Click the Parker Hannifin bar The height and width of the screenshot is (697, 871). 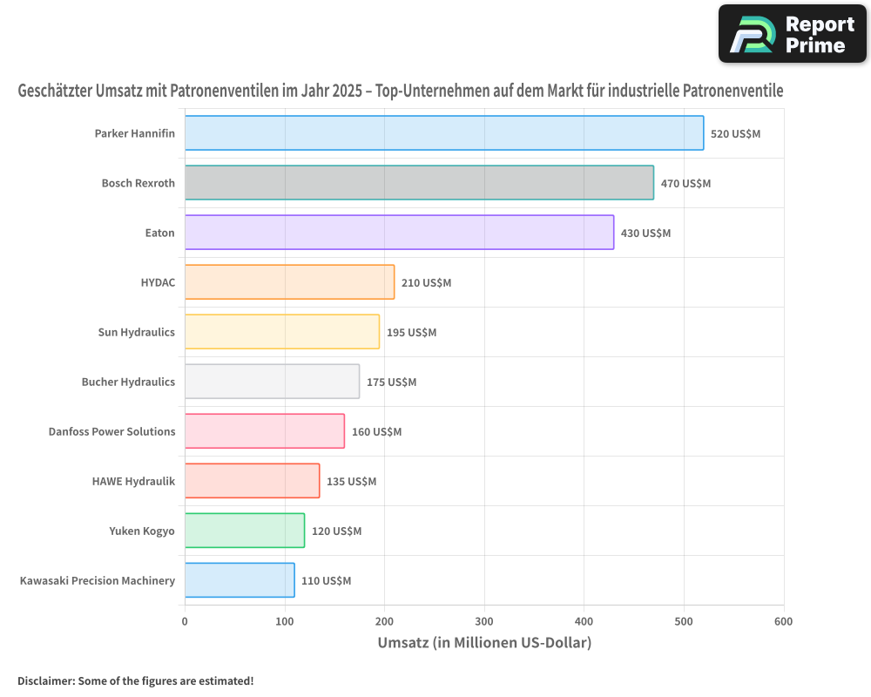point(444,132)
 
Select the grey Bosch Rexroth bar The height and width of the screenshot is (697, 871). point(420,182)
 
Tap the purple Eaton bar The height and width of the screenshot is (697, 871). point(400,233)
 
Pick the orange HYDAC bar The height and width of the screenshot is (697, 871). point(290,281)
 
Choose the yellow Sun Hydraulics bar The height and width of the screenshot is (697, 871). point(282,332)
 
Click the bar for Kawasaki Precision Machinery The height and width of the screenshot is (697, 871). point(240,580)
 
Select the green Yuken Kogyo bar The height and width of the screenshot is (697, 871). point(245,531)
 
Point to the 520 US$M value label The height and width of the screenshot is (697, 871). point(735,134)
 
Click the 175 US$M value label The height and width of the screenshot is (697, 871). point(392,382)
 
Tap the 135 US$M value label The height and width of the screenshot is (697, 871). point(352,481)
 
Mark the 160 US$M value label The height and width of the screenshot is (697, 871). point(376,432)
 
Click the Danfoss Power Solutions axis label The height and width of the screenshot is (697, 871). point(111,431)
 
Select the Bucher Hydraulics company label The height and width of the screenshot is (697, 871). point(128,382)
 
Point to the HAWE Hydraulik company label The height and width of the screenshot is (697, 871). point(133,481)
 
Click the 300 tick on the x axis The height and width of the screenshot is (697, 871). point(484,621)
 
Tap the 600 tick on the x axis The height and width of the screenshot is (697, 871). point(784,621)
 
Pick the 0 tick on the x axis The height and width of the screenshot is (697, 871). point(185,621)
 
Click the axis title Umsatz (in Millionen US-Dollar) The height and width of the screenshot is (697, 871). point(484,643)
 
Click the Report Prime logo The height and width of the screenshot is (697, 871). point(793,34)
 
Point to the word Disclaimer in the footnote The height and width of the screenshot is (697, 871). point(46,680)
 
